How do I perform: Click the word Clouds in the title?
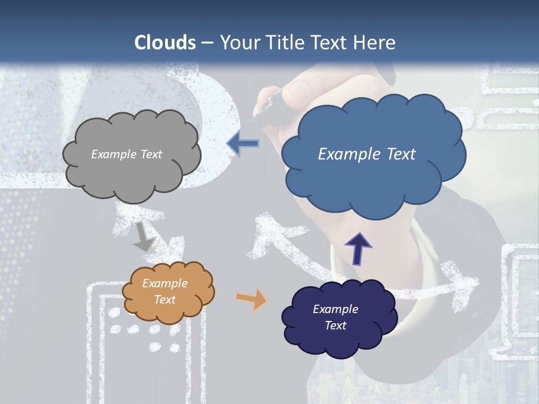point(165,43)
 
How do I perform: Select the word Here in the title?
point(375,43)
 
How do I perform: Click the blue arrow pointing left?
point(243,144)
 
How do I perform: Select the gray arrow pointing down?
point(144,237)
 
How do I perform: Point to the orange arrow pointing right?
point(252,299)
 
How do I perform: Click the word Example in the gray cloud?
point(113,154)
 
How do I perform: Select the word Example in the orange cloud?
point(165,283)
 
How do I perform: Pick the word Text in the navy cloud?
point(335,325)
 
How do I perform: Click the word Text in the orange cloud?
point(165,300)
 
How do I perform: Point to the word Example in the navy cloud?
point(335,309)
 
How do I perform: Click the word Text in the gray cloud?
point(151,154)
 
